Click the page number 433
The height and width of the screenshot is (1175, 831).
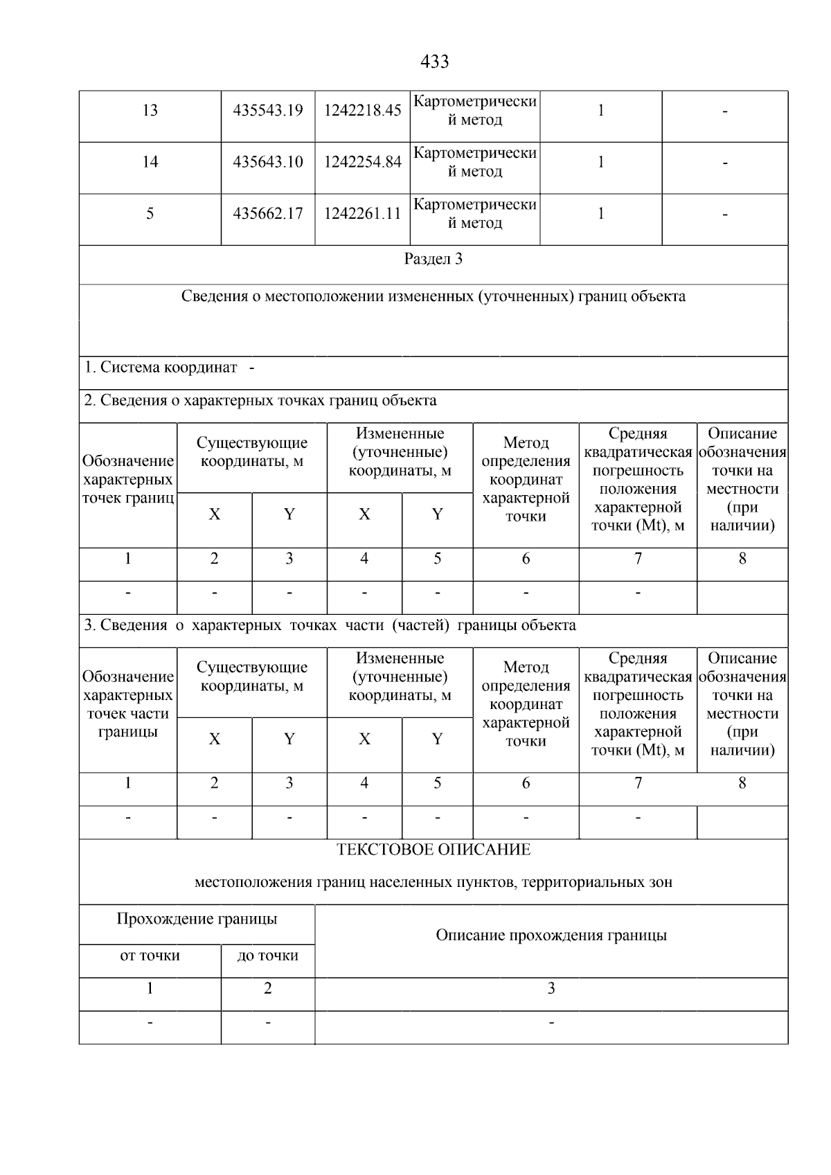pos(434,62)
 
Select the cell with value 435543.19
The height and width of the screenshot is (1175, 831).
pos(268,111)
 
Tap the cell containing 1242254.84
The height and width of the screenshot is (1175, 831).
pos(362,163)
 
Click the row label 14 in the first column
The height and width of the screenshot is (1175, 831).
pos(150,162)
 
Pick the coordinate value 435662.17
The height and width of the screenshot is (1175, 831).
pos(268,214)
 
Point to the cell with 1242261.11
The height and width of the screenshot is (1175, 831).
pos(362,214)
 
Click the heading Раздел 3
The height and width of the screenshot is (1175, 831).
pos(434,260)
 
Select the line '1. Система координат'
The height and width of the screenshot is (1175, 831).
pos(161,368)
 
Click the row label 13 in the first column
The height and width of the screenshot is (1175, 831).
pos(150,111)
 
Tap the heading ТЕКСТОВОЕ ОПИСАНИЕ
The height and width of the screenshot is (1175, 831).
pos(434,850)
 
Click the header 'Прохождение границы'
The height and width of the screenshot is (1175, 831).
pos(197,920)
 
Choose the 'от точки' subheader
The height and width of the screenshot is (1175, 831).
pos(150,956)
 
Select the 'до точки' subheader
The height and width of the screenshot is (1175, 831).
pos(268,956)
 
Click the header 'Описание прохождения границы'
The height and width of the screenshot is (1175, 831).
pos(551,936)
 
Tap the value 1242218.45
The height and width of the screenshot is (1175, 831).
pos(362,111)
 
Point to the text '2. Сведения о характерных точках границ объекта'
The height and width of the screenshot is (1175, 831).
pos(260,401)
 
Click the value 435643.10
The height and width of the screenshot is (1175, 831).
pos(268,163)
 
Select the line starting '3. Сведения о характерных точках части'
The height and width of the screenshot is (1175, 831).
pos(330,626)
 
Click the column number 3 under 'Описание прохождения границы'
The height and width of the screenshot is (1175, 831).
pos(551,989)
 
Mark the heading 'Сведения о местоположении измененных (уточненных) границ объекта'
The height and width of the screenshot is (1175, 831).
pos(434,297)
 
